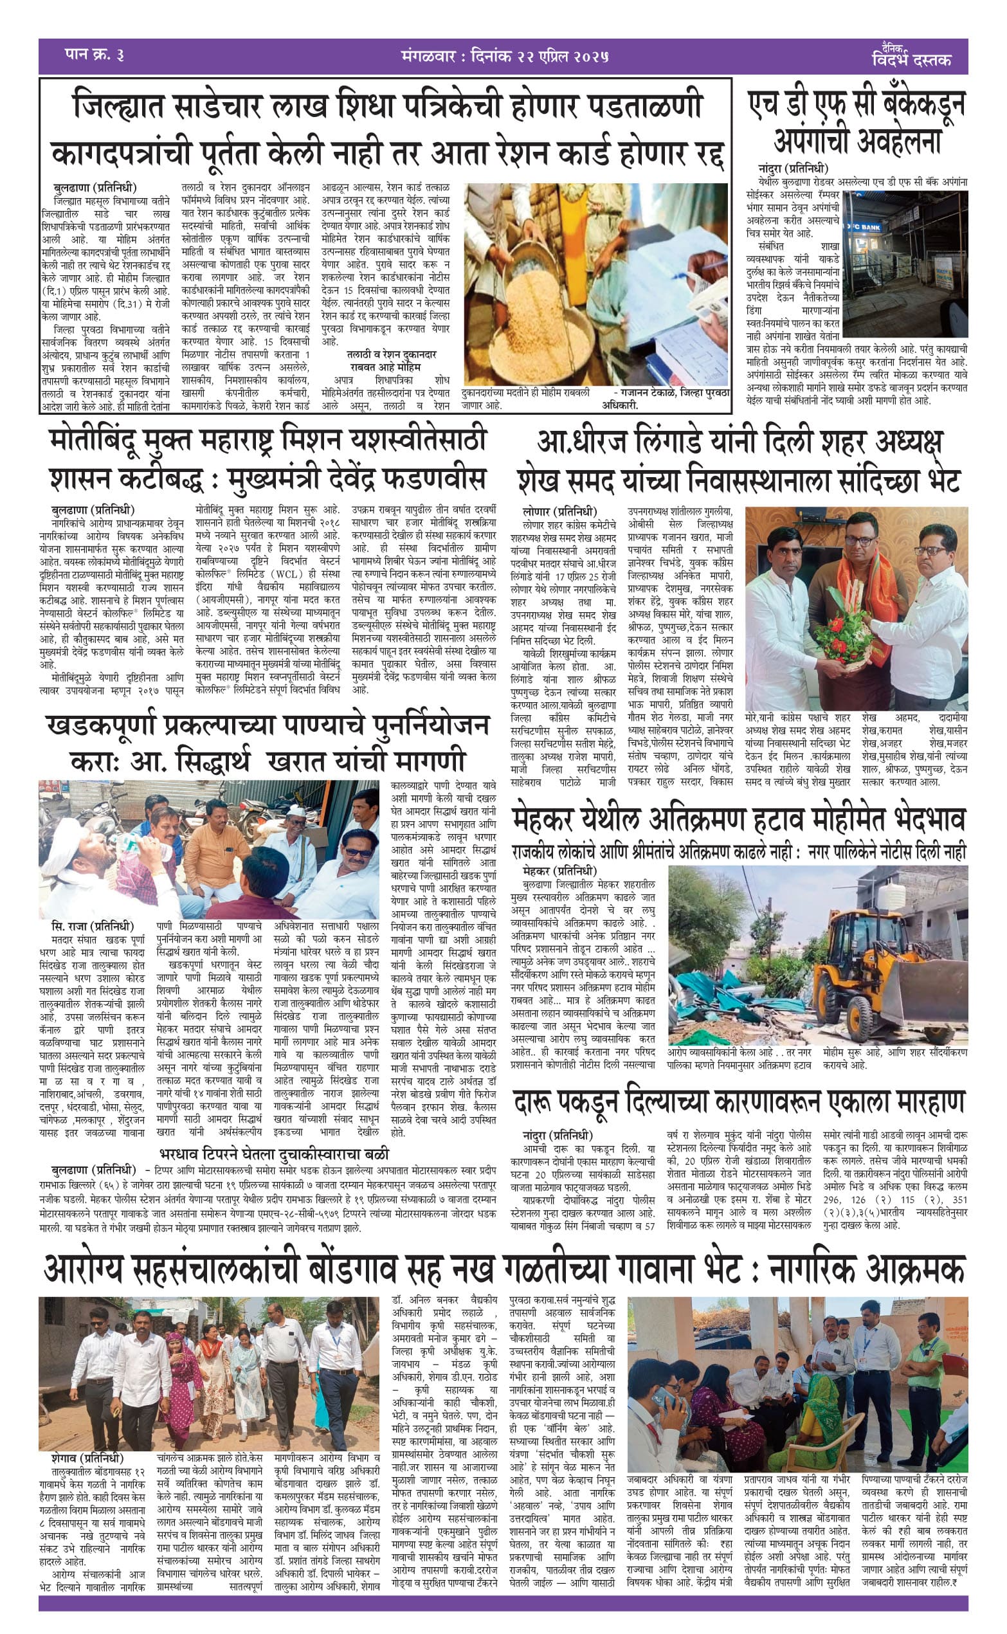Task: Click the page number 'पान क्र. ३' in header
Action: coord(94,55)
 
